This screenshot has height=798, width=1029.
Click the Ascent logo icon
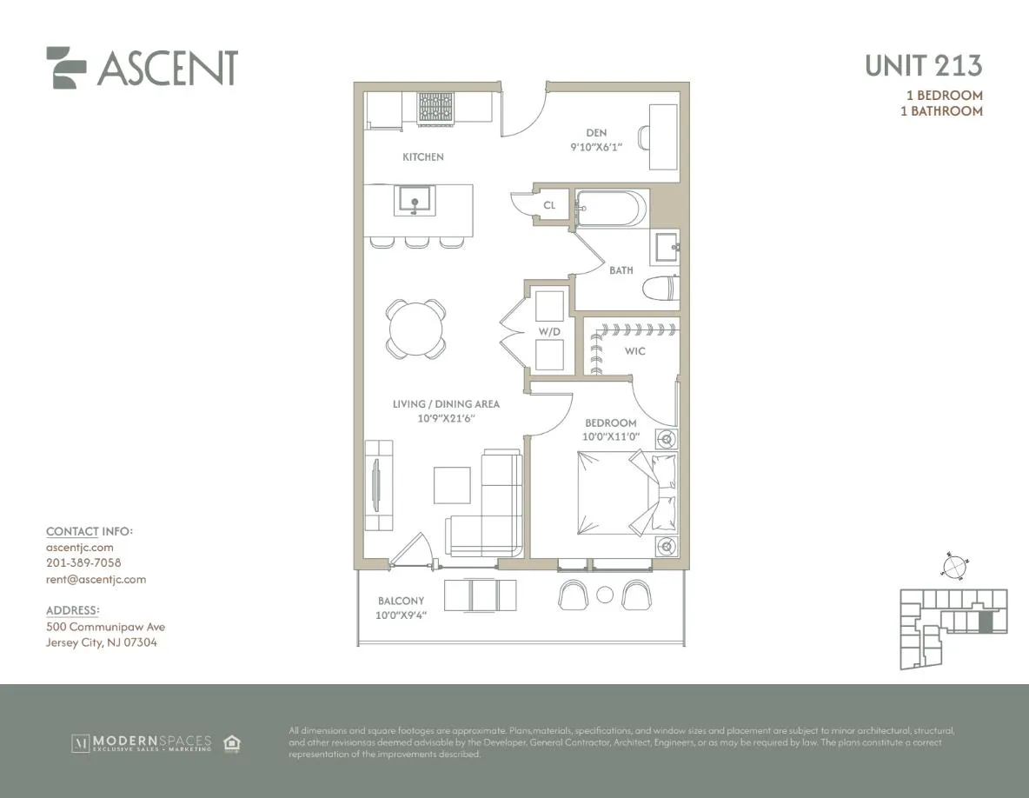[x=66, y=67]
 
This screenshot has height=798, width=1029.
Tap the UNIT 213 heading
[x=924, y=65]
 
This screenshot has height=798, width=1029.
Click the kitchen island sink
[x=416, y=201]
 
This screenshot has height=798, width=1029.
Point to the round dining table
[x=416, y=328]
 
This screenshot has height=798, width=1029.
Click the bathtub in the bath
[x=611, y=209]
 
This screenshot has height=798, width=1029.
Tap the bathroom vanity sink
[x=667, y=247]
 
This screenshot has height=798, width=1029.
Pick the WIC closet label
[x=634, y=351]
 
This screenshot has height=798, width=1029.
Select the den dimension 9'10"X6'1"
[x=595, y=149]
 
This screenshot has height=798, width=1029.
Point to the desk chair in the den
[x=643, y=137]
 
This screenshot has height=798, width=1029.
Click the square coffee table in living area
[x=452, y=484]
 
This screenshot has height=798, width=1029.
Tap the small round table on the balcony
[x=605, y=595]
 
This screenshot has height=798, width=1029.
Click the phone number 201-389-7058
[x=83, y=563]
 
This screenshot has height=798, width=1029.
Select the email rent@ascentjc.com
[x=96, y=579]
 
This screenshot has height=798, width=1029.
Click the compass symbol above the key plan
[x=953, y=566]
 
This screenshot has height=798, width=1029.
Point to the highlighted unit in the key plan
[x=985, y=622]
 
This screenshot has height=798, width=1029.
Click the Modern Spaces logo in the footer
[x=142, y=743]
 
